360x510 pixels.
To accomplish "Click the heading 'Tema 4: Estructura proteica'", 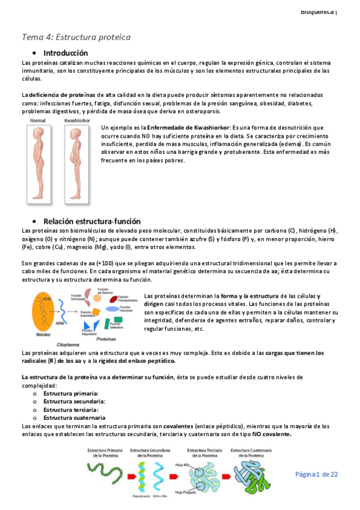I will point(76,37).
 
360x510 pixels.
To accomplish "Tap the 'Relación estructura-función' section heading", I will point(92,221).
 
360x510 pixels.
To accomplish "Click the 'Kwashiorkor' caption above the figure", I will point(76,121).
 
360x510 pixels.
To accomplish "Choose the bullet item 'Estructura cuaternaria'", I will point(75,417).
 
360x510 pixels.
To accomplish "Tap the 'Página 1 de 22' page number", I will point(316,475).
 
